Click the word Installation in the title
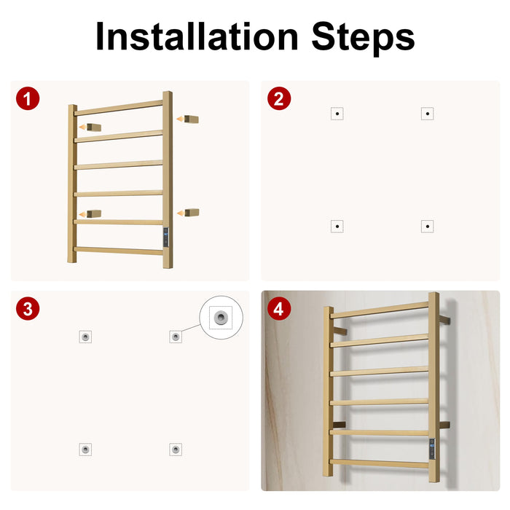pos(197,36)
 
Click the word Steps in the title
pos(363,38)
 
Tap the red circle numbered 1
pos(28,98)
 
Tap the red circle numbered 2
pos(279,98)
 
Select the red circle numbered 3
pos(28,308)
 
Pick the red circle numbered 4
pos(279,308)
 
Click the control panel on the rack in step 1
pos(166,237)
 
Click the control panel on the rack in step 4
pos(432,449)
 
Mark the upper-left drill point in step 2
pos(337,114)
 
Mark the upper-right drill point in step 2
pos(428,114)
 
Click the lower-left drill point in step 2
pos(337,226)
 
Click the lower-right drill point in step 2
pos(428,226)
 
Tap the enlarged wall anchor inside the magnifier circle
pos(221,317)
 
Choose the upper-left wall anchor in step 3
pos(85,337)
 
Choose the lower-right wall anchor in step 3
pos(176,450)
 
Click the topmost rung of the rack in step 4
pos(380,310)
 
